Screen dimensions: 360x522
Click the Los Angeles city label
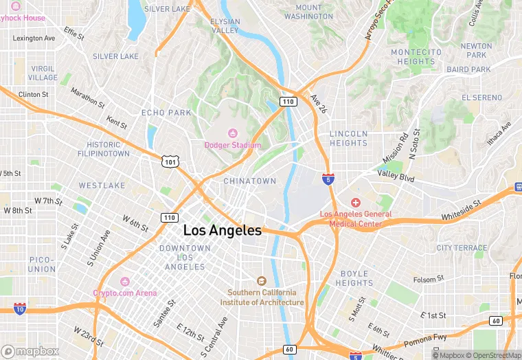(x=222, y=231)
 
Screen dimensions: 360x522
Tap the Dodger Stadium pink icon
(x=231, y=133)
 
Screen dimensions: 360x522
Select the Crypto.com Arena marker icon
(x=124, y=281)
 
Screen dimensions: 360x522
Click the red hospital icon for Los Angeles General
(x=355, y=202)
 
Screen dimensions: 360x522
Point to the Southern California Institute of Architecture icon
(x=261, y=280)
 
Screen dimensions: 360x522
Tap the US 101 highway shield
(x=169, y=161)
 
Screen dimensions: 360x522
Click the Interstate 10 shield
(x=20, y=309)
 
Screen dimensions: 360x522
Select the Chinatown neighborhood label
(x=249, y=181)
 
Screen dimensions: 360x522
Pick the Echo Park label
(x=166, y=113)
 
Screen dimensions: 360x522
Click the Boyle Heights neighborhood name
(x=354, y=278)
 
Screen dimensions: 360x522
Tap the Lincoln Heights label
(x=348, y=138)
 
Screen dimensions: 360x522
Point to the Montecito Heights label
(x=416, y=57)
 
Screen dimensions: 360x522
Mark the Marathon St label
(x=87, y=100)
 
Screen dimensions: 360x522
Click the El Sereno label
(x=481, y=98)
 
